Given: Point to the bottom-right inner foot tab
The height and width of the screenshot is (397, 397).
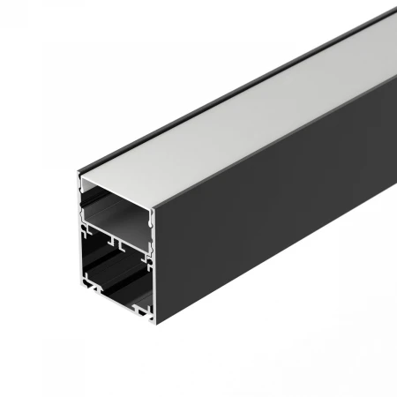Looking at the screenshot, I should click(x=141, y=309).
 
